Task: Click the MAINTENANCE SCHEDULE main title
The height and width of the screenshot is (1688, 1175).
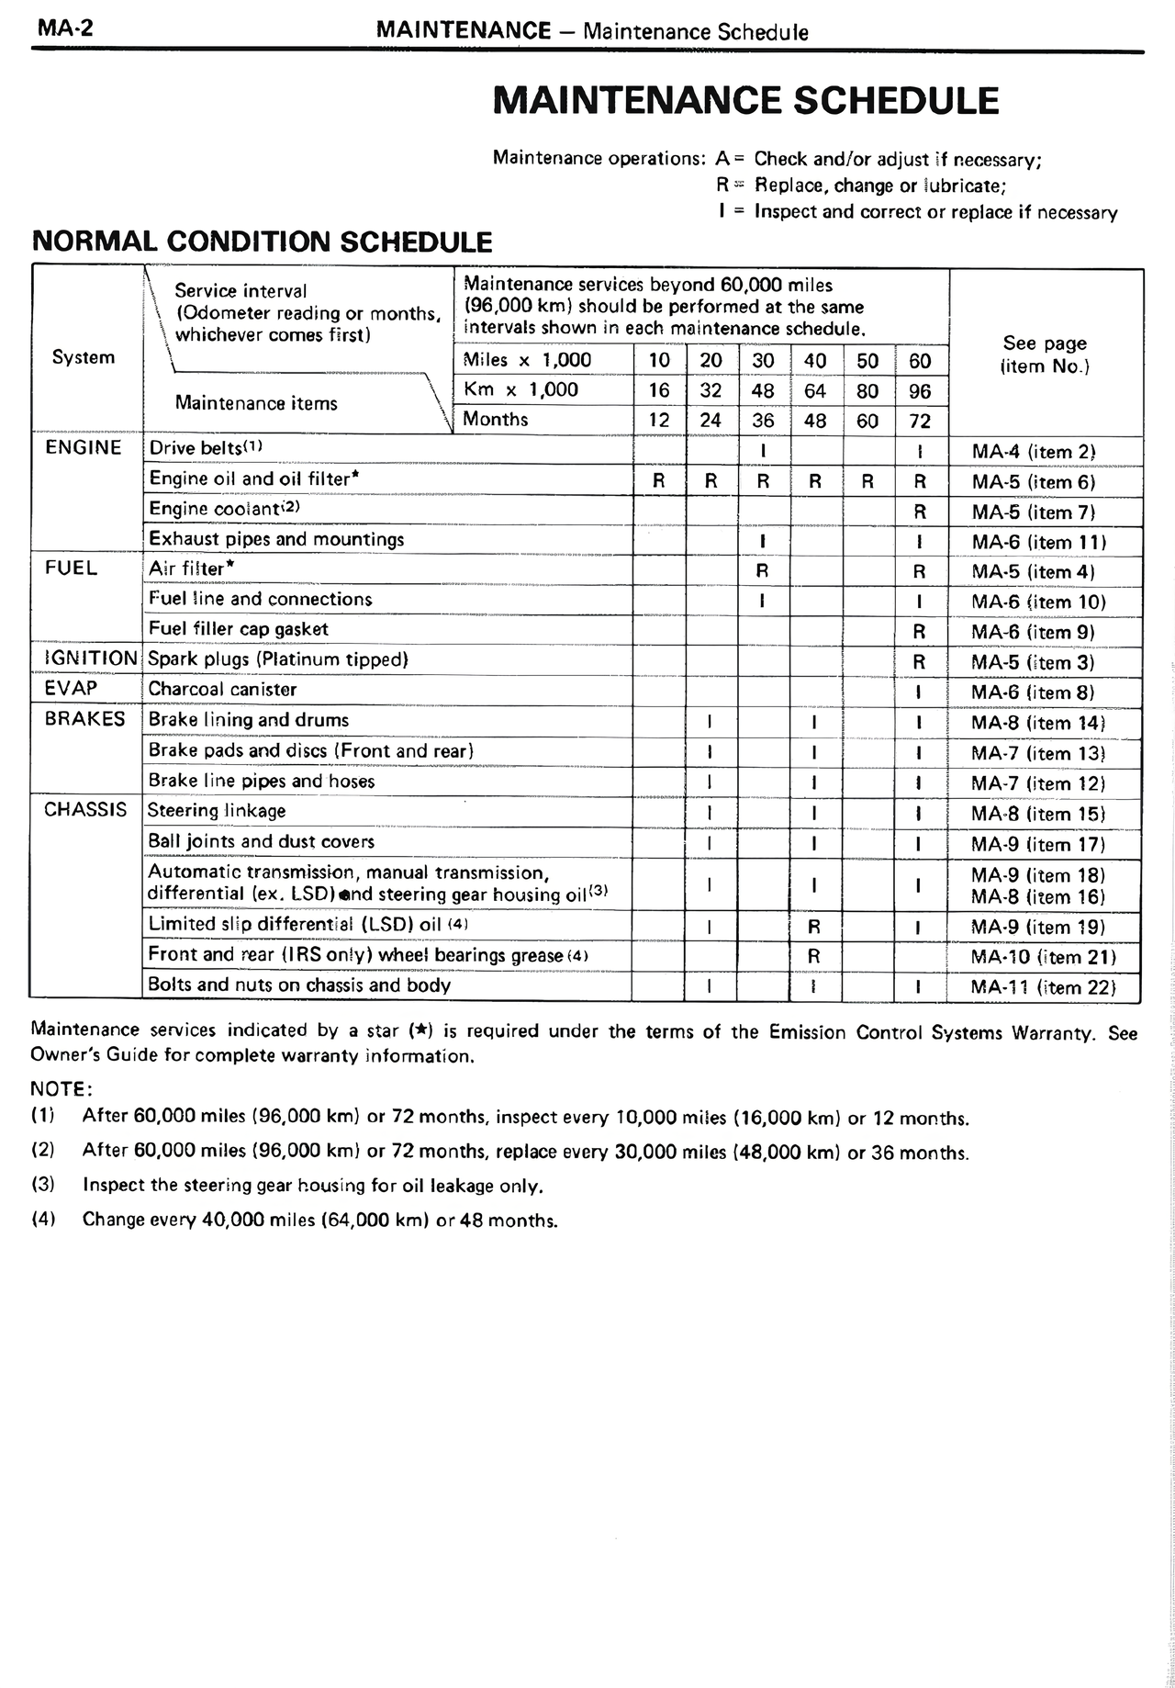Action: pyautogui.click(x=745, y=100)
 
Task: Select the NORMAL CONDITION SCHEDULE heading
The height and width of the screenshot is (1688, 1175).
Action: pyautogui.click(x=262, y=242)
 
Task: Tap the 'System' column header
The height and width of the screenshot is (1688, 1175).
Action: pyautogui.click(x=84, y=357)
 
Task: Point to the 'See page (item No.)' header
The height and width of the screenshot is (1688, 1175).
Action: pyautogui.click(x=1045, y=354)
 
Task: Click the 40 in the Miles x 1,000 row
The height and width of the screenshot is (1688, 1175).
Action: pyautogui.click(x=814, y=361)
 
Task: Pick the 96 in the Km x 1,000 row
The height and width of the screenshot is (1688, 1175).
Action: pyautogui.click(x=920, y=391)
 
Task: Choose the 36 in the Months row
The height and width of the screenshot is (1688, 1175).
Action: pyautogui.click(x=763, y=421)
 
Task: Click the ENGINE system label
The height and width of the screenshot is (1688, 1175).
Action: pyautogui.click(x=84, y=448)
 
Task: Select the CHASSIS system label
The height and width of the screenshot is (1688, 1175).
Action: pyautogui.click(x=85, y=810)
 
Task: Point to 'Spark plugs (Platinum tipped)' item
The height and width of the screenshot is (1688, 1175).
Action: pyautogui.click(x=278, y=659)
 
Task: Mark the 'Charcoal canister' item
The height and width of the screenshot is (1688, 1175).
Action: pyautogui.click(x=222, y=689)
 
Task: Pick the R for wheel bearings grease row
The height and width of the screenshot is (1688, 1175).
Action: pyautogui.click(x=813, y=956)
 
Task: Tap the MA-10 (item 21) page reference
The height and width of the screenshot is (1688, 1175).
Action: pyautogui.click(x=1043, y=957)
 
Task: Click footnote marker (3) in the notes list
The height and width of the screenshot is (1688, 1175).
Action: pyautogui.click(x=43, y=1185)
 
